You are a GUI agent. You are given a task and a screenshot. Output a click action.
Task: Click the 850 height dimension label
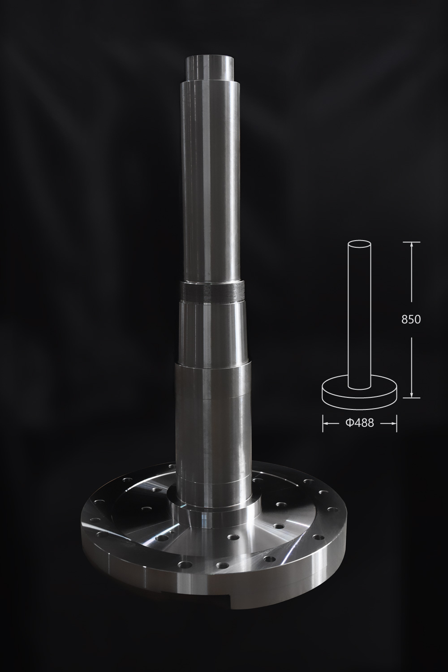point(411,320)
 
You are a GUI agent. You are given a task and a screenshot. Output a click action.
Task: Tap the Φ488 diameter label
point(359,423)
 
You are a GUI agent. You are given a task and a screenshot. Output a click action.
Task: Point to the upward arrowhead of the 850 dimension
point(411,245)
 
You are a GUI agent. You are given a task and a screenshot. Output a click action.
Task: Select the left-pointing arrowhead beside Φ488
point(326,423)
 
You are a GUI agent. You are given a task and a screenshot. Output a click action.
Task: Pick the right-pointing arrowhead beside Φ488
point(393,423)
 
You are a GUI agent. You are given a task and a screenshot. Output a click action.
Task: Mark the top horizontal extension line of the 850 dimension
point(411,242)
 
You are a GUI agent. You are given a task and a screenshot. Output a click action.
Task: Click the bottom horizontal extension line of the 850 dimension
point(411,398)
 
